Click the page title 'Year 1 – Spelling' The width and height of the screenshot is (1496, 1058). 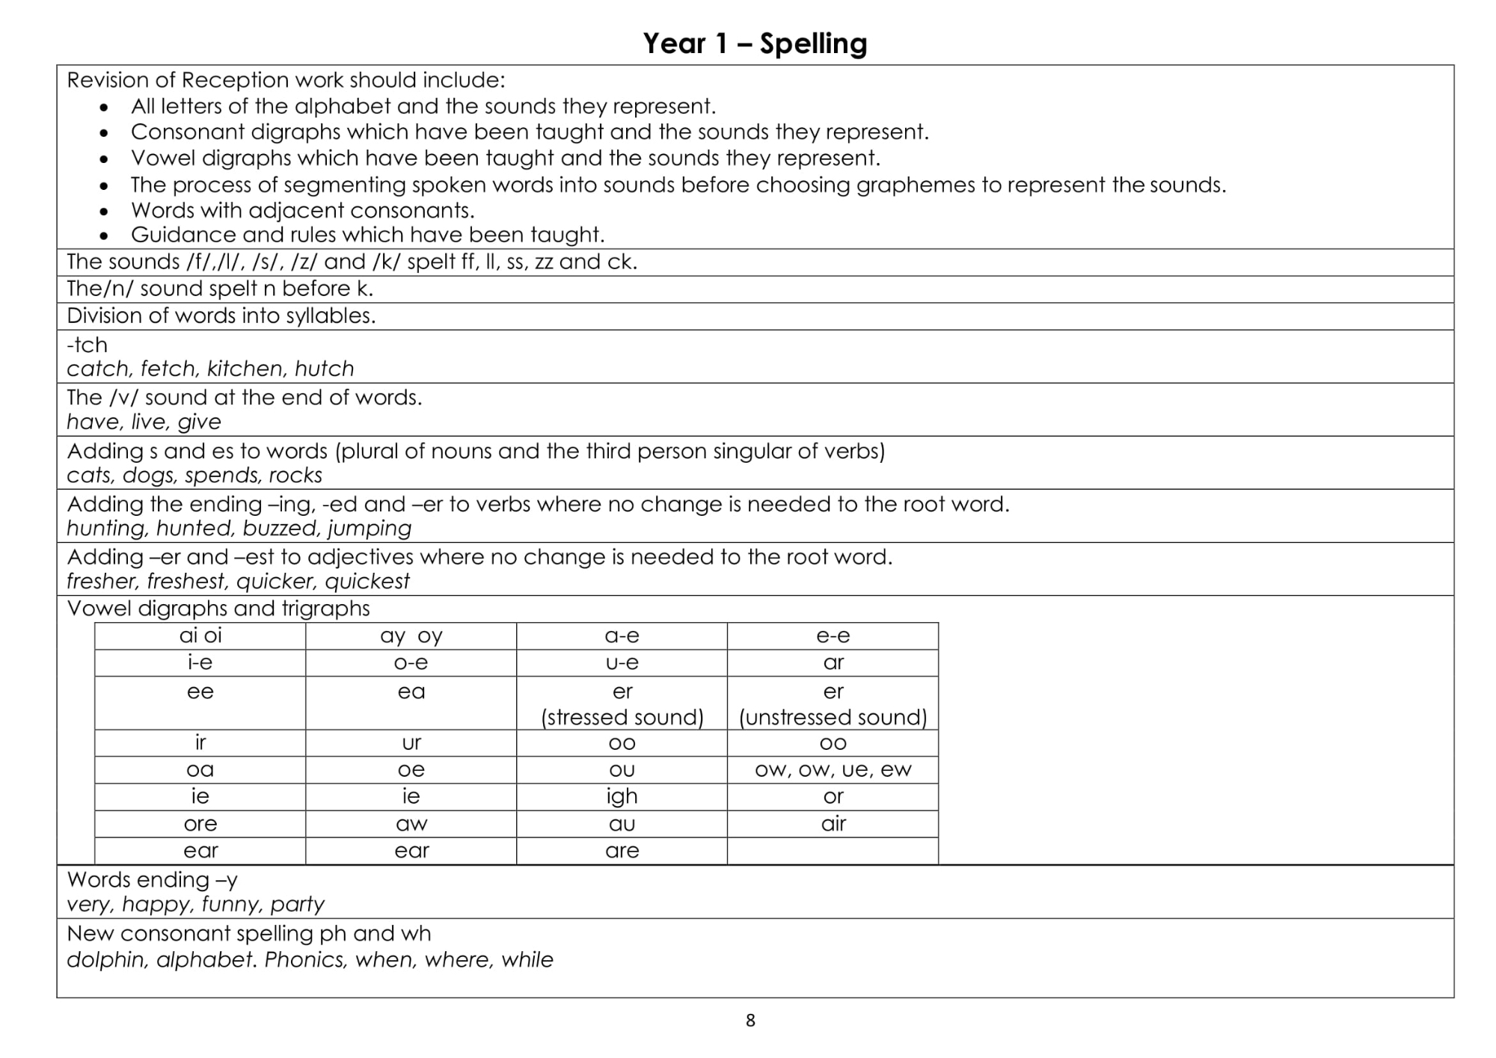click(x=755, y=43)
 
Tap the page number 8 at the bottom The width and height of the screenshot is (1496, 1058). click(x=750, y=1021)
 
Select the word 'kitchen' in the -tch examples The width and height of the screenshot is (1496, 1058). click(x=245, y=369)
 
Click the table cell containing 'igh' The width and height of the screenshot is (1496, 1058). click(x=622, y=796)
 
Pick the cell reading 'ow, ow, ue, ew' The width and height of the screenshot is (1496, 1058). click(x=833, y=769)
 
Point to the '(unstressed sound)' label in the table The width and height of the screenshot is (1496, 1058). click(x=833, y=717)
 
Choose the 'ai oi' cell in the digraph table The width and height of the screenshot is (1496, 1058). click(x=200, y=636)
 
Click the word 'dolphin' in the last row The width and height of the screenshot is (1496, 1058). click(x=107, y=959)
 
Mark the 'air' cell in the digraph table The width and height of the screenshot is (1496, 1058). click(x=833, y=823)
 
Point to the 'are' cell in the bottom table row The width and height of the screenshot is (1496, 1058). click(x=622, y=850)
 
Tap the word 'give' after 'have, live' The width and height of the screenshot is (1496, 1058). click(x=199, y=422)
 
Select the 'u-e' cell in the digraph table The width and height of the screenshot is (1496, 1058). click(x=622, y=662)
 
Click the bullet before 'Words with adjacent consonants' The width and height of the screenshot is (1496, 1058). click(x=104, y=212)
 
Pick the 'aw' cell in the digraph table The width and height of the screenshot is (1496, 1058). click(x=411, y=823)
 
